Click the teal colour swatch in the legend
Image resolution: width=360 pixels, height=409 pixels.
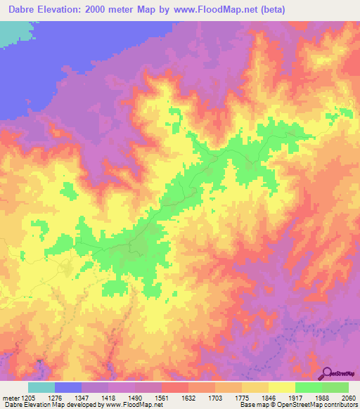coord(41,388)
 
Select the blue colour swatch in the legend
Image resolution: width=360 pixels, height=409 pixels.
coord(68,388)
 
